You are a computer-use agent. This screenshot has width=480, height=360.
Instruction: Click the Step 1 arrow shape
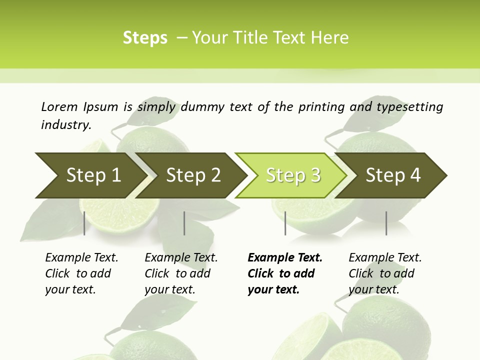pyautogui.click(x=93, y=175)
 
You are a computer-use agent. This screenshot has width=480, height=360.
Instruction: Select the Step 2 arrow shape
pyautogui.click(x=193, y=175)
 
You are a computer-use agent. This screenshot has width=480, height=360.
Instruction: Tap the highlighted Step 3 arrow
pyautogui.click(x=293, y=175)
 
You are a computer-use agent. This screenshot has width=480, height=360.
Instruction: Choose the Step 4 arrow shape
pyautogui.click(x=393, y=175)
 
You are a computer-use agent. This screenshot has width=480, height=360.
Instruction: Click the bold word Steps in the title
pyautogui.click(x=145, y=38)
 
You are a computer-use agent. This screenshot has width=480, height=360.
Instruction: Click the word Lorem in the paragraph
pyautogui.click(x=59, y=107)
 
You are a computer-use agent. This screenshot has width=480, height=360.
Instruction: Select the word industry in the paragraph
pyautogui.click(x=66, y=124)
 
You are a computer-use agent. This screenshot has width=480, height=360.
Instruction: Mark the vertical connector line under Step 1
pyautogui.click(x=84, y=223)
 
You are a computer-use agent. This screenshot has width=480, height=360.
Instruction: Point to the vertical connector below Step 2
pyautogui.click(x=184, y=223)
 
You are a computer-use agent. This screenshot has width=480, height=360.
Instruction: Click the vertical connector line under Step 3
pyautogui.click(x=285, y=223)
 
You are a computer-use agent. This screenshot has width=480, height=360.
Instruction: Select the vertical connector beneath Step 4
pyautogui.click(x=386, y=223)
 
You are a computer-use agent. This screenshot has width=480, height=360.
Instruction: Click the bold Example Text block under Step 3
pyautogui.click(x=284, y=273)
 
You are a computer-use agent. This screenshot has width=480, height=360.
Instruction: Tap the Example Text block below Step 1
pyautogui.click(x=81, y=273)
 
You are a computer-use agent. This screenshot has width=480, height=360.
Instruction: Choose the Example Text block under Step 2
pyautogui.click(x=181, y=273)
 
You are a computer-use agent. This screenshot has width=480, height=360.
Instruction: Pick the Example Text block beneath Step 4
pyautogui.click(x=385, y=273)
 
